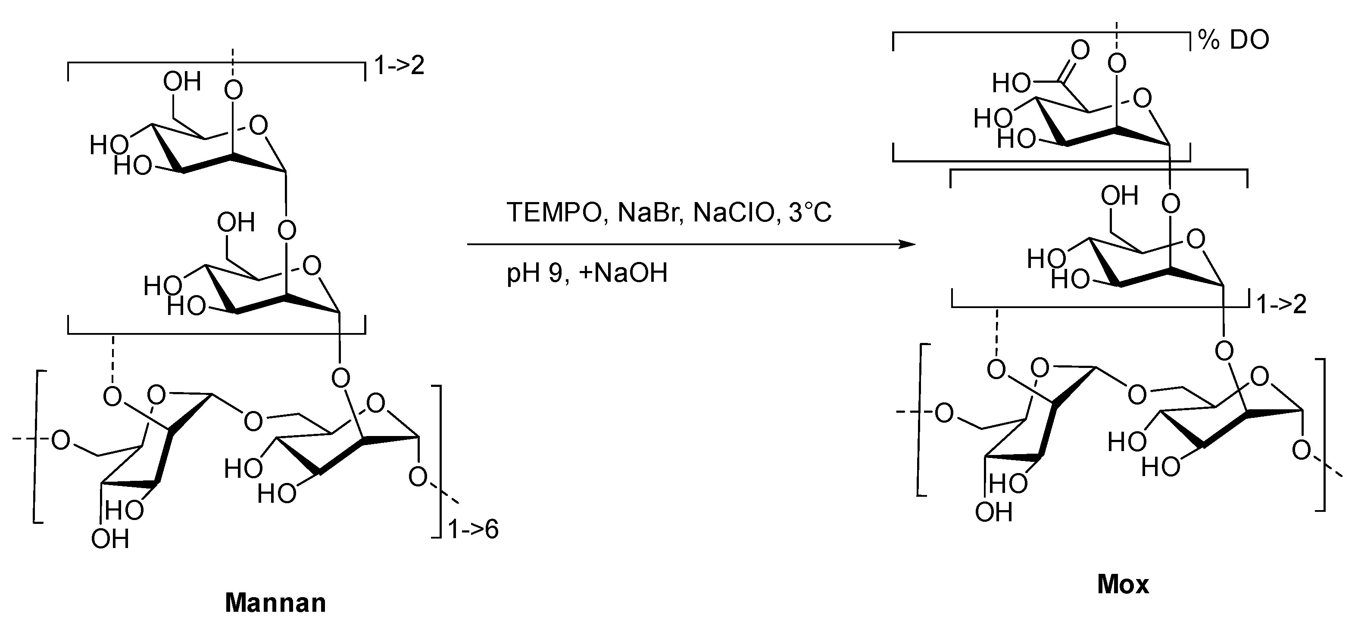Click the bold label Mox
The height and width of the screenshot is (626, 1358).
click(1123, 584)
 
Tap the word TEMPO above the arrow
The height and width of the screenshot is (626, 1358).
click(553, 213)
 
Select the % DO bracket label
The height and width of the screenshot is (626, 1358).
click(1233, 40)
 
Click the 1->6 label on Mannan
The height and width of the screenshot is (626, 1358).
click(473, 529)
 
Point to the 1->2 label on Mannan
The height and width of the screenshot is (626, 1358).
click(399, 66)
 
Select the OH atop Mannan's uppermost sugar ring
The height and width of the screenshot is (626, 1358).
click(182, 82)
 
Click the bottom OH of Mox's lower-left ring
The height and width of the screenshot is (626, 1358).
click(994, 512)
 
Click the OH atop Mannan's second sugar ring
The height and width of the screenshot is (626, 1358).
click(236, 222)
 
